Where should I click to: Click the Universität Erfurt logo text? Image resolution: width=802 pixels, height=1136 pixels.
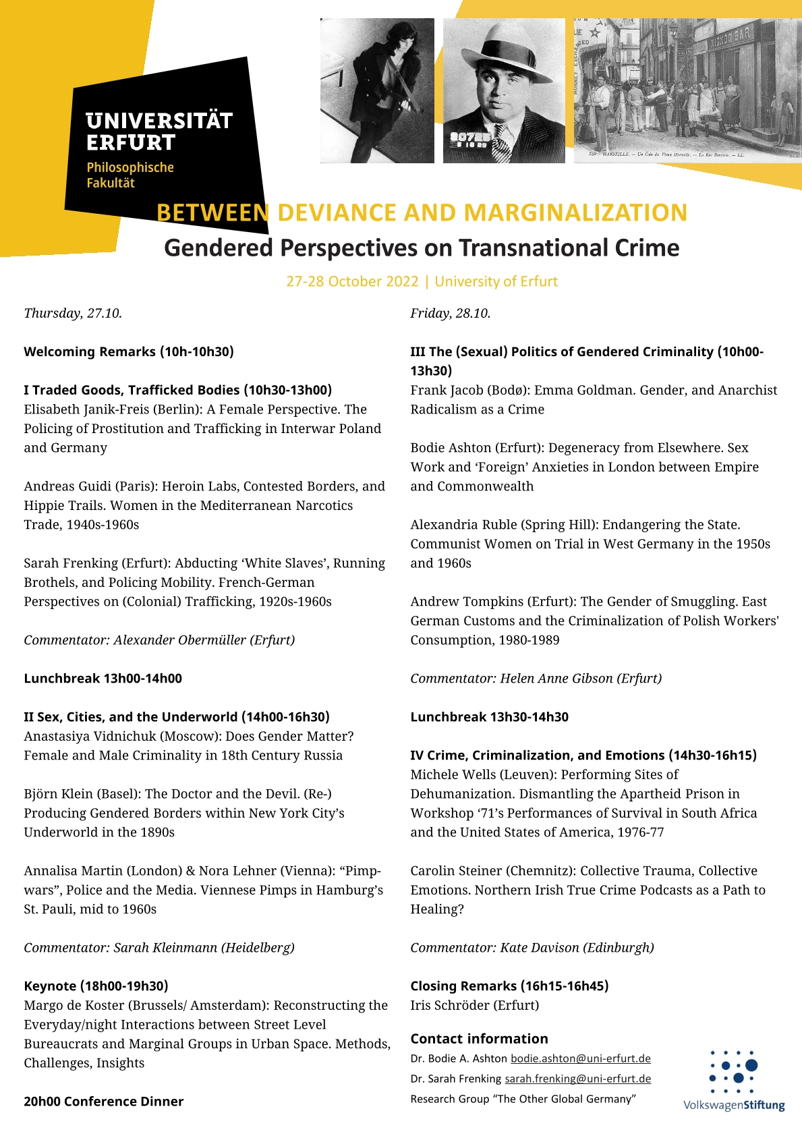pyautogui.click(x=159, y=132)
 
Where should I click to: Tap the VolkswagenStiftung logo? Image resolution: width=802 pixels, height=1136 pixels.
pyautogui.click(x=734, y=1080)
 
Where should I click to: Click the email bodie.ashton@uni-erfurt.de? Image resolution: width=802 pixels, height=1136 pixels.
pyautogui.click(x=580, y=1058)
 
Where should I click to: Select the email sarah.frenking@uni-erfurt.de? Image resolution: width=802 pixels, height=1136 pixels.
pyautogui.click(x=577, y=1079)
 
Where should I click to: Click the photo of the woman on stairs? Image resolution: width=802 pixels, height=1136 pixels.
pyautogui.click(x=377, y=90)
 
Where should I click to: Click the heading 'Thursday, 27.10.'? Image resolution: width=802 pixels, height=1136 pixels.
pyautogui.click(x=73, y=313)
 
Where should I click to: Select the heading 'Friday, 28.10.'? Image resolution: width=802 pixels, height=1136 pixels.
pyautogui.click(x=450, y=313)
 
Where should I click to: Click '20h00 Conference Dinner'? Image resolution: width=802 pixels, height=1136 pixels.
pyautogui.click(x=103, y=1102)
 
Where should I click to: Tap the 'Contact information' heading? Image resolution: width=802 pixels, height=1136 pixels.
pyautogui.click(x=479, y=1039)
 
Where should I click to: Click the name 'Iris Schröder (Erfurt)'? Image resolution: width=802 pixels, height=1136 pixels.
pyautogui.click(x=474, y=1005)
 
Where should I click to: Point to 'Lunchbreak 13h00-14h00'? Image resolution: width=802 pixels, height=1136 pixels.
pyautogui.click(x=103, y=679)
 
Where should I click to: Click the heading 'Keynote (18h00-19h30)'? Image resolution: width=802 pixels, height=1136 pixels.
pyautogui.click(x=96, y=986)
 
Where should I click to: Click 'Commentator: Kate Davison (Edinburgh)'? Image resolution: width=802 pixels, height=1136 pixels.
pyautogui.click(x=532, y=948)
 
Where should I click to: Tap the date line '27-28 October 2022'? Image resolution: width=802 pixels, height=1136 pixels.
pyautogui.click(x=352, y=281)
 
